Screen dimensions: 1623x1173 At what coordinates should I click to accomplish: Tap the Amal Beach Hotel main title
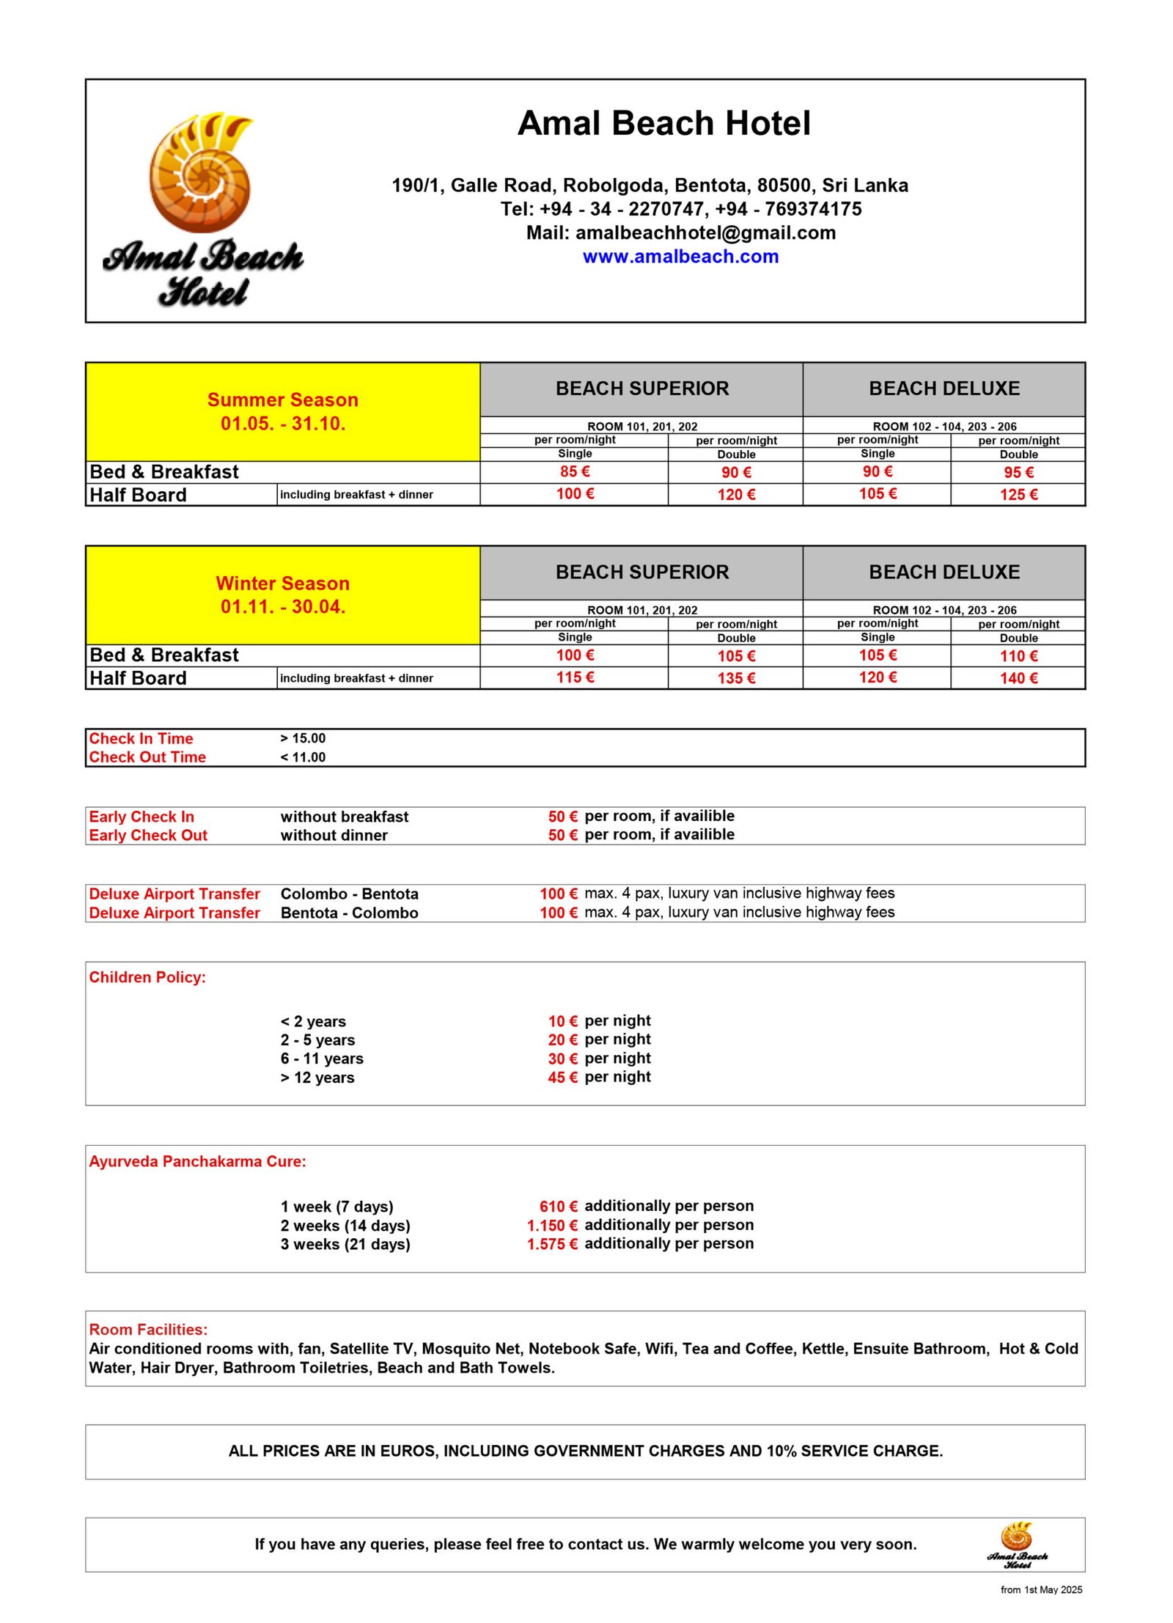pos(663,123)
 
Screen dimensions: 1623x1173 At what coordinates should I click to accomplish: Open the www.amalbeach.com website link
pos(680,257)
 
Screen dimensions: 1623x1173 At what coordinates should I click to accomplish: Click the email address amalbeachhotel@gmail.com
pos(705,233)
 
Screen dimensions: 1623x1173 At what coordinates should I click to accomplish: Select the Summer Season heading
pos(282,400)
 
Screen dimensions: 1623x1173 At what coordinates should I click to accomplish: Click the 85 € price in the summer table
pos(575,471)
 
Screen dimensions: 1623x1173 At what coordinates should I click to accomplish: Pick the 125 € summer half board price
pos(1018,495)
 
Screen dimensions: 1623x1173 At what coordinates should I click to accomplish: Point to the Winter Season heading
pos(282,584)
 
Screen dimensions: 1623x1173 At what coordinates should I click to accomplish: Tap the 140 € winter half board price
pos(1018,678)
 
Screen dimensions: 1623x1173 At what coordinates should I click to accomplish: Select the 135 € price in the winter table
pos(736,678)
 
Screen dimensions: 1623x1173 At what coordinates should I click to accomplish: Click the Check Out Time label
pos(147,757)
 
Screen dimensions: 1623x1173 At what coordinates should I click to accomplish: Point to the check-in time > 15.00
pos(303,738)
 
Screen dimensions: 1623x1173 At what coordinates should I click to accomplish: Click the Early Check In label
pos(141,817)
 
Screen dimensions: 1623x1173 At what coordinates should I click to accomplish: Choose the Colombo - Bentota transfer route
pos(349,894)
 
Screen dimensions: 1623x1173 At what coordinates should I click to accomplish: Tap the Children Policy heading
pos(147,977)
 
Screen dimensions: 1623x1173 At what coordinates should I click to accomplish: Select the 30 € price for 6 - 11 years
pos(562,1059)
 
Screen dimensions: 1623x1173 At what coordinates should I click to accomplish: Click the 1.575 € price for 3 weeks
pos(552,1244)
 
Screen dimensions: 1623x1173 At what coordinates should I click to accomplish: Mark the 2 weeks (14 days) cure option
pos(345,1225)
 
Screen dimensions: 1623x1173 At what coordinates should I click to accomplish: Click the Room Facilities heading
pos(148,1330)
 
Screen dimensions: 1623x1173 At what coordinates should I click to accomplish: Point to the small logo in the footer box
pos(1017,1545)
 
